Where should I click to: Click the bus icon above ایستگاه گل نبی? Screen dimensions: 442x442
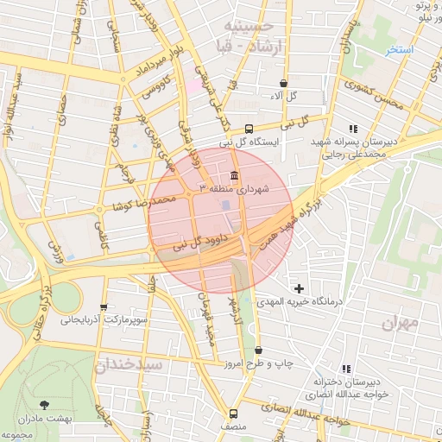tap(249, 128)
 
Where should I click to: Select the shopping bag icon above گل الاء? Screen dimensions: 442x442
tap(283, 83)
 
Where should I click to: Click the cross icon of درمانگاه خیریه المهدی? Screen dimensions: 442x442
tap(299, 287)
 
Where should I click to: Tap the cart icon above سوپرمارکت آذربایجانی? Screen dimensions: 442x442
tap(104, 306)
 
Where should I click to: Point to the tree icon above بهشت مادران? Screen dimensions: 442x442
tap(44, 403)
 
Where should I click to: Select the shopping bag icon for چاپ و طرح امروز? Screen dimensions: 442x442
tap(259, 350)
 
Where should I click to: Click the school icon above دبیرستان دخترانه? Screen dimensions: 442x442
tap(347, 368)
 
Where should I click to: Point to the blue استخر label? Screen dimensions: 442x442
tap(400, 50)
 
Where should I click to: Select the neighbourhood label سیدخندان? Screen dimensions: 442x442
tap(130, 364)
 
